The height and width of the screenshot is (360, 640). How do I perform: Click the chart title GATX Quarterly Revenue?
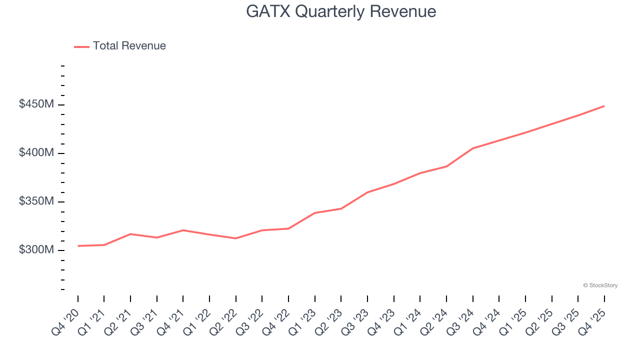[341, 11]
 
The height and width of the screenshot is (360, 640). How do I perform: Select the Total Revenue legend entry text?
[129, 46]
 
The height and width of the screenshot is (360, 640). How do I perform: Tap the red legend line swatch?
[81, 46]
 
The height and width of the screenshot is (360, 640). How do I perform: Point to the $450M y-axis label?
[36, 104]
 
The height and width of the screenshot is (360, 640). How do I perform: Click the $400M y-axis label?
[36, 153]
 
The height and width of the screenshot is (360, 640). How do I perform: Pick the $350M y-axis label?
[36, 201]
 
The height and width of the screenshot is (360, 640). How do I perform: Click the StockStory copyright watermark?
[600, 285]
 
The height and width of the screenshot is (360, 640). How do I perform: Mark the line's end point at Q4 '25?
[604, 106]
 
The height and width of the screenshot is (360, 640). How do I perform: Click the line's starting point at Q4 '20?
[78, 245]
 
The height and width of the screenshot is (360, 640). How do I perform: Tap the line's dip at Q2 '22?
[236, 238]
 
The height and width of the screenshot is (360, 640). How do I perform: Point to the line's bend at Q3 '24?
[472, 148]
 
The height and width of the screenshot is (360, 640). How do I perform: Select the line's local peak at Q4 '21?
[183, 230]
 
